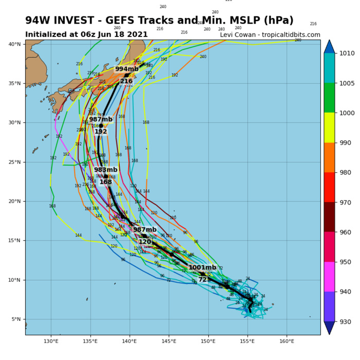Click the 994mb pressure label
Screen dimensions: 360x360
point(127,69)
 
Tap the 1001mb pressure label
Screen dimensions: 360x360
point(202,267)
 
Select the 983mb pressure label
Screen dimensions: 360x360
point(105,170)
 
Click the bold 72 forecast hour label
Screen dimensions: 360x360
point(203,280)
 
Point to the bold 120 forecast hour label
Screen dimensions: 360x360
point(145,242)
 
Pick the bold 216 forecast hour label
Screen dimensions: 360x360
point(127,81)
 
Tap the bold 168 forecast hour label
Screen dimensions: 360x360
point(105,182)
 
